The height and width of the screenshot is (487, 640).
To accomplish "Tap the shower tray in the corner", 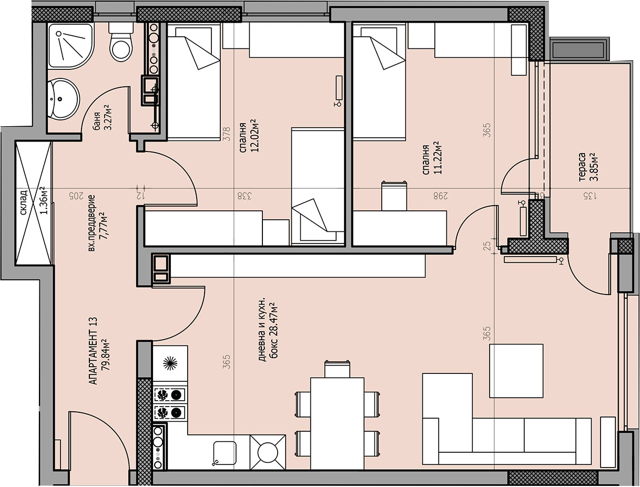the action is [71, 46].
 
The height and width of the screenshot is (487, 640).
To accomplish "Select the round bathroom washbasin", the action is [63, 99].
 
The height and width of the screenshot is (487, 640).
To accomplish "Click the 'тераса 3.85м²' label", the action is [587, 167].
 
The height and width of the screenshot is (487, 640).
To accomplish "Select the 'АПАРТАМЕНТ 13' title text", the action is [94, 351].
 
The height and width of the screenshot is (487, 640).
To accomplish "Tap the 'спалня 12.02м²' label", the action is [249, 136].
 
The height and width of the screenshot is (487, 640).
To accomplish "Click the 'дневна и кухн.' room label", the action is [261, 330].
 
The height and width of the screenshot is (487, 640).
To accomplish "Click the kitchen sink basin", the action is [225, 453].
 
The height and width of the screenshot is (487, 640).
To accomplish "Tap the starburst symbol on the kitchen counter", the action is [170, 363].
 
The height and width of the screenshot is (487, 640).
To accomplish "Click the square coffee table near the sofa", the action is [516, 371].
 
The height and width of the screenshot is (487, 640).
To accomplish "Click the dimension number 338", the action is [245, 196].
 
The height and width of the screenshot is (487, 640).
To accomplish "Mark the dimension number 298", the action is [440, 196].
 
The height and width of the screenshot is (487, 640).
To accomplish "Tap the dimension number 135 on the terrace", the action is [590, 196].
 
